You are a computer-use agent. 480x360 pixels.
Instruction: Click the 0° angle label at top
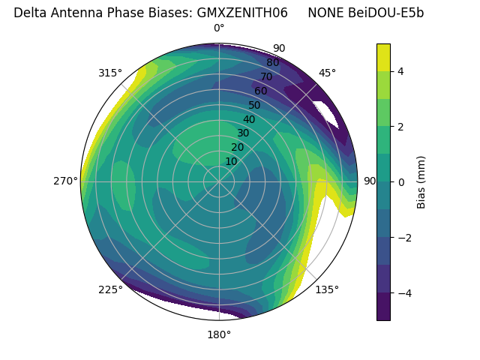pos(219,28)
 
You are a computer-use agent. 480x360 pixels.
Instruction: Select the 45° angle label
pos(327,73)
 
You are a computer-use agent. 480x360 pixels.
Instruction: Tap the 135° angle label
pos(327,289)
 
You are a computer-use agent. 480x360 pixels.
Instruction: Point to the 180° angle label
pos(219,334)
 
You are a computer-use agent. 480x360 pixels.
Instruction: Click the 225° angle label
pos(110,289)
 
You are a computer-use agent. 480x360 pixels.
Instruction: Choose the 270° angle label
pos(65,181)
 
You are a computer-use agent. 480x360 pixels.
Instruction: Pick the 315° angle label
pos(110,73)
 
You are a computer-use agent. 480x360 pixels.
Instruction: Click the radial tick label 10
pos(231,161)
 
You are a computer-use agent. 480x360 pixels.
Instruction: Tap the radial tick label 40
pos(249,119)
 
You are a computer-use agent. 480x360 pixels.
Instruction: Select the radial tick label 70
pos(266,77)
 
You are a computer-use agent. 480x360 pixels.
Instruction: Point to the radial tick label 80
pos(272,63)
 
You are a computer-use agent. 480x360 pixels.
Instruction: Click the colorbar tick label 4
pos(401,71)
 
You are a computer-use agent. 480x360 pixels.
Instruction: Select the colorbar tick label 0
pos(401,182)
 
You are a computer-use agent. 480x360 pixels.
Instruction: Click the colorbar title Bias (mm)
pos(421,181)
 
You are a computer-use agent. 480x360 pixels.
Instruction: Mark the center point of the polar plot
pos(219,181)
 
